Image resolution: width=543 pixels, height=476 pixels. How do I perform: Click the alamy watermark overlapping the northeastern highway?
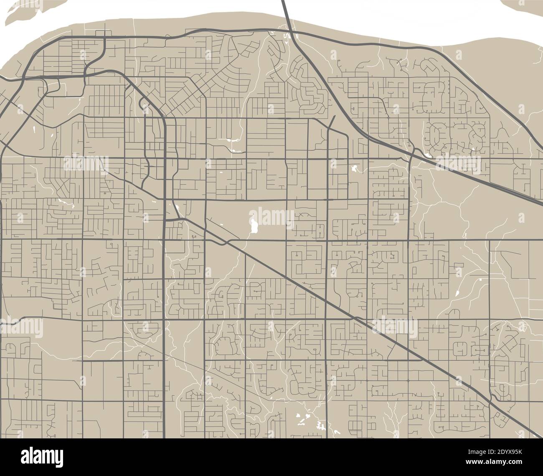459,161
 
